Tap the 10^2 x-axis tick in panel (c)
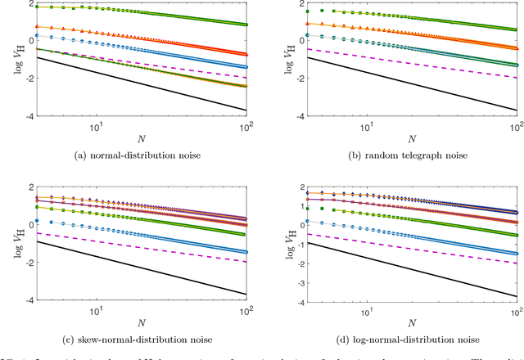(252, 311)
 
